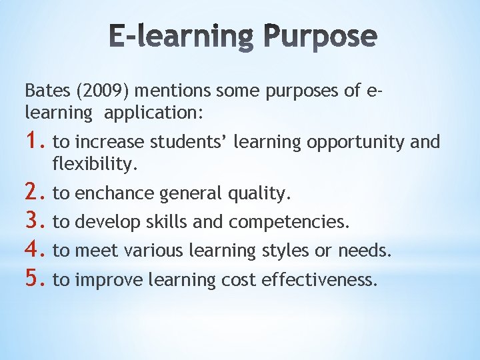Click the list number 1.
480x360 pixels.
35,141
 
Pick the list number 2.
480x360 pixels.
35,193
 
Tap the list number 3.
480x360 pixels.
35,221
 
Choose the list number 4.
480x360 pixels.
35,251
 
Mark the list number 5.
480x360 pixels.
35,279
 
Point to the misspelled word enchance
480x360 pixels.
116,193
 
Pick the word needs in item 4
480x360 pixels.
365,251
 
